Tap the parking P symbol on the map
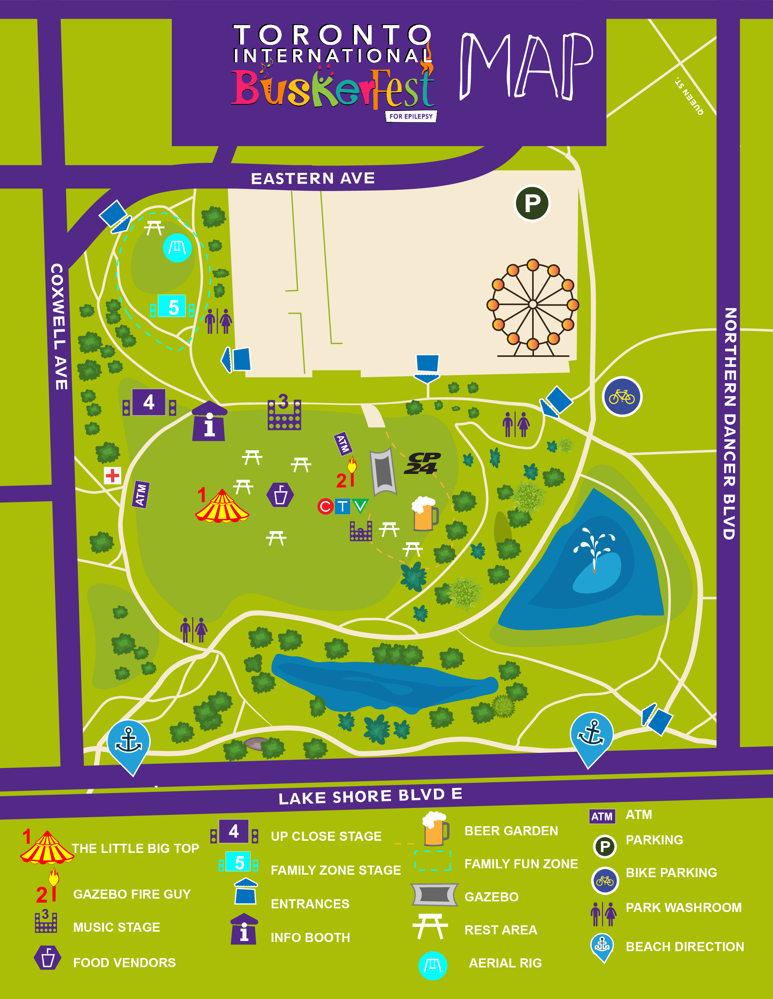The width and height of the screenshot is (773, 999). pyautogui.click(x=532, y=203)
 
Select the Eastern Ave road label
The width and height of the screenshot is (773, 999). pyautogui.click(x=313, y=178)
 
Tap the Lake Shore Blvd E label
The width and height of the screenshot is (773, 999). pyautogui.click(x=370, y=796)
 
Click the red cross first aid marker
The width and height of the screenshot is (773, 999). pyautogui.click(x=112, y=476)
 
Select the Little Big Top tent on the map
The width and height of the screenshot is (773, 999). pyautogui.click(x=222, y=507)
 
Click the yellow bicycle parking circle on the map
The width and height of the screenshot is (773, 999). pyautogui.click(x=622, y=397)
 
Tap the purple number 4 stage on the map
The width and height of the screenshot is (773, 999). pyautogui.click(x=149, y=403)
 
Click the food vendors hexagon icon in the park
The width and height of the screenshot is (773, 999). pyautogui.click(x=280, y=495)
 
